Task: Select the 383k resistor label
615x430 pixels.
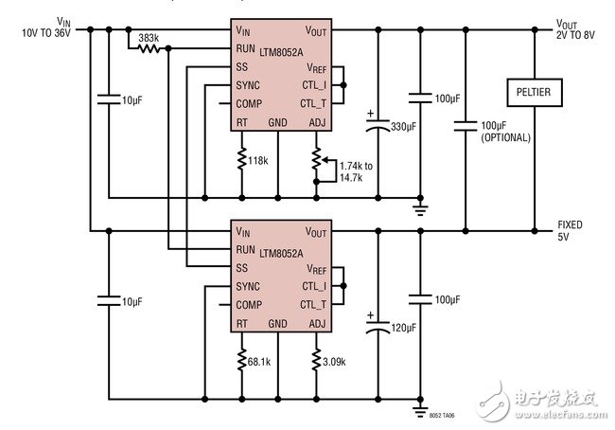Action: (x=148, y=38)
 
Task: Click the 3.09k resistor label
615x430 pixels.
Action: (x=334, y=362)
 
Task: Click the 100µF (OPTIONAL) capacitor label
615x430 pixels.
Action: (x=505, y=131)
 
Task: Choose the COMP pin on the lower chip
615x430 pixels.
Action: (x=249, y=304)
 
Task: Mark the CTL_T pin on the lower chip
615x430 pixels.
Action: (x=313, y=304)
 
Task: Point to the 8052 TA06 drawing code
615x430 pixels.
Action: (x=442, y=414)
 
